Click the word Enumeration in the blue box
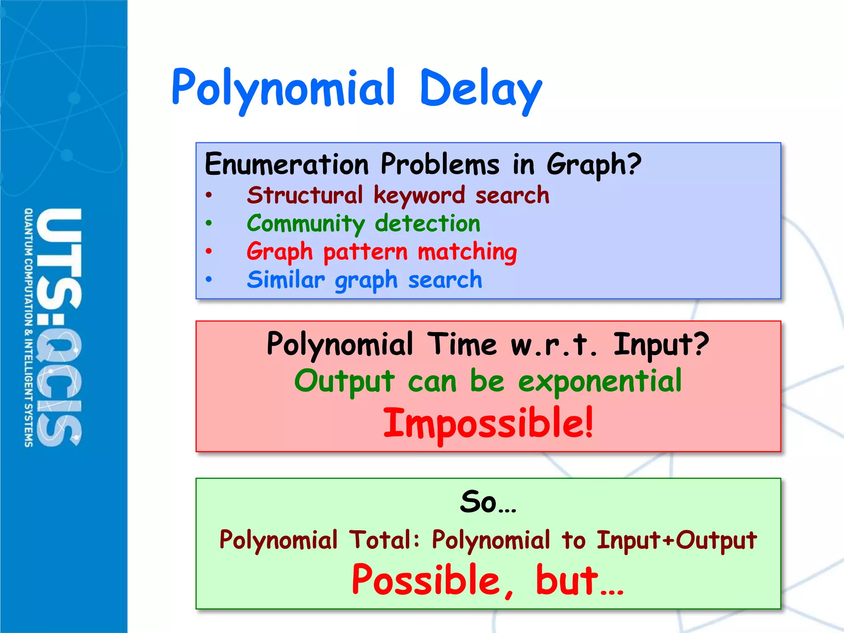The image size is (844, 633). (287, 164)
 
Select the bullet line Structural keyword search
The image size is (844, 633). (398, 195)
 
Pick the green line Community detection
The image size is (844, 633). (363, 224)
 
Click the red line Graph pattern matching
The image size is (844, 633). (382, 252)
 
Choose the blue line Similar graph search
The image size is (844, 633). (364, 280)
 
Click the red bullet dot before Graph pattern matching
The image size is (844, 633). (209, 251)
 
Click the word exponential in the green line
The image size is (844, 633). (600, 381)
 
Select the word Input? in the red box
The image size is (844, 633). (661, 345)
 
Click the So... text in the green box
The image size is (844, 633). (488, 502)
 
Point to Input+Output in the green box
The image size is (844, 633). (677, 540)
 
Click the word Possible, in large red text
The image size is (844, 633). (433, 580)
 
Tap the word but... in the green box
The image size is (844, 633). (579, 580)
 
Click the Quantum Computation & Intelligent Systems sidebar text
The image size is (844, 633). (28, 328)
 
